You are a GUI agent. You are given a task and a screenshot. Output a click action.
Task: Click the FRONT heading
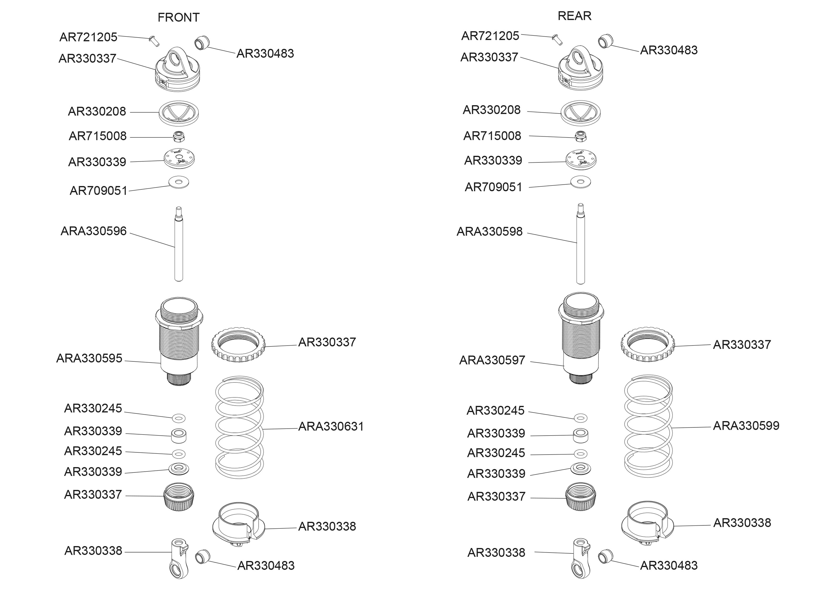(178, 18)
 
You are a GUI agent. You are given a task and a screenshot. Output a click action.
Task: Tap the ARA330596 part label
(94, 231)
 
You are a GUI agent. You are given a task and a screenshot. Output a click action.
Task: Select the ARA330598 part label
(489, 231)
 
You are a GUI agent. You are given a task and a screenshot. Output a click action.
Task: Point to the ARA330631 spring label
(331, 427)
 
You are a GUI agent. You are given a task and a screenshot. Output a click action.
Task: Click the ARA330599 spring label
(746, 426)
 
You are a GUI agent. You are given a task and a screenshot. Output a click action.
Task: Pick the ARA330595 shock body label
(89, 359)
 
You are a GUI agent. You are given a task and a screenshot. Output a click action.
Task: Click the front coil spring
(239, 428)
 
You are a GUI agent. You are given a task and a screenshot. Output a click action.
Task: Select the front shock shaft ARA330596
(178, 247)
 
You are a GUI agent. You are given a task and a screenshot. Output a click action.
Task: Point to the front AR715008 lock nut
(179, 137)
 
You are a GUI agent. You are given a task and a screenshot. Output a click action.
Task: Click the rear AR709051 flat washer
(580, 182)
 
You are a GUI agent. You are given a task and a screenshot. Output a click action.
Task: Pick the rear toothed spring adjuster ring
(648, 345)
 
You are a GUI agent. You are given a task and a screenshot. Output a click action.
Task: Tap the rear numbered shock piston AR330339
(581, 160)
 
